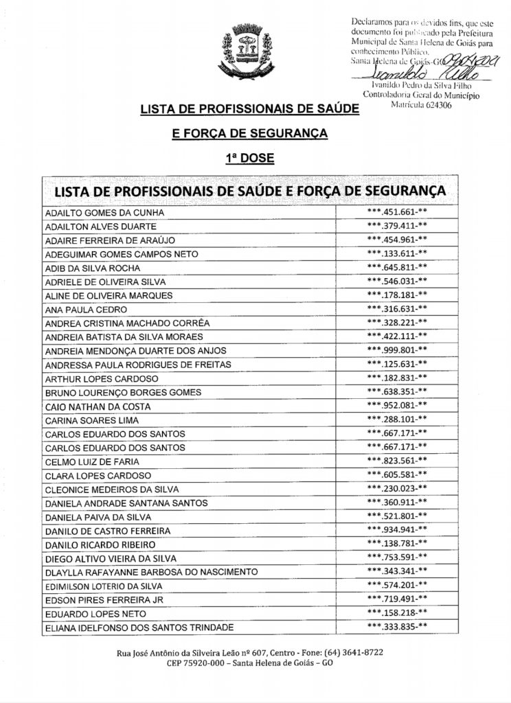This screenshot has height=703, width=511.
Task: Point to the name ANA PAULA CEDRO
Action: click(x=84, y=310)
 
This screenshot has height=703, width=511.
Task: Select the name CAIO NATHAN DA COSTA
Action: click(x=102, y=406)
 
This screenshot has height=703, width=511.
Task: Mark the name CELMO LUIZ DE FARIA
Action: click(x=97, y=461)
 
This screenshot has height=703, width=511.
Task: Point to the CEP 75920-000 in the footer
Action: click(x=196, y=664)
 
